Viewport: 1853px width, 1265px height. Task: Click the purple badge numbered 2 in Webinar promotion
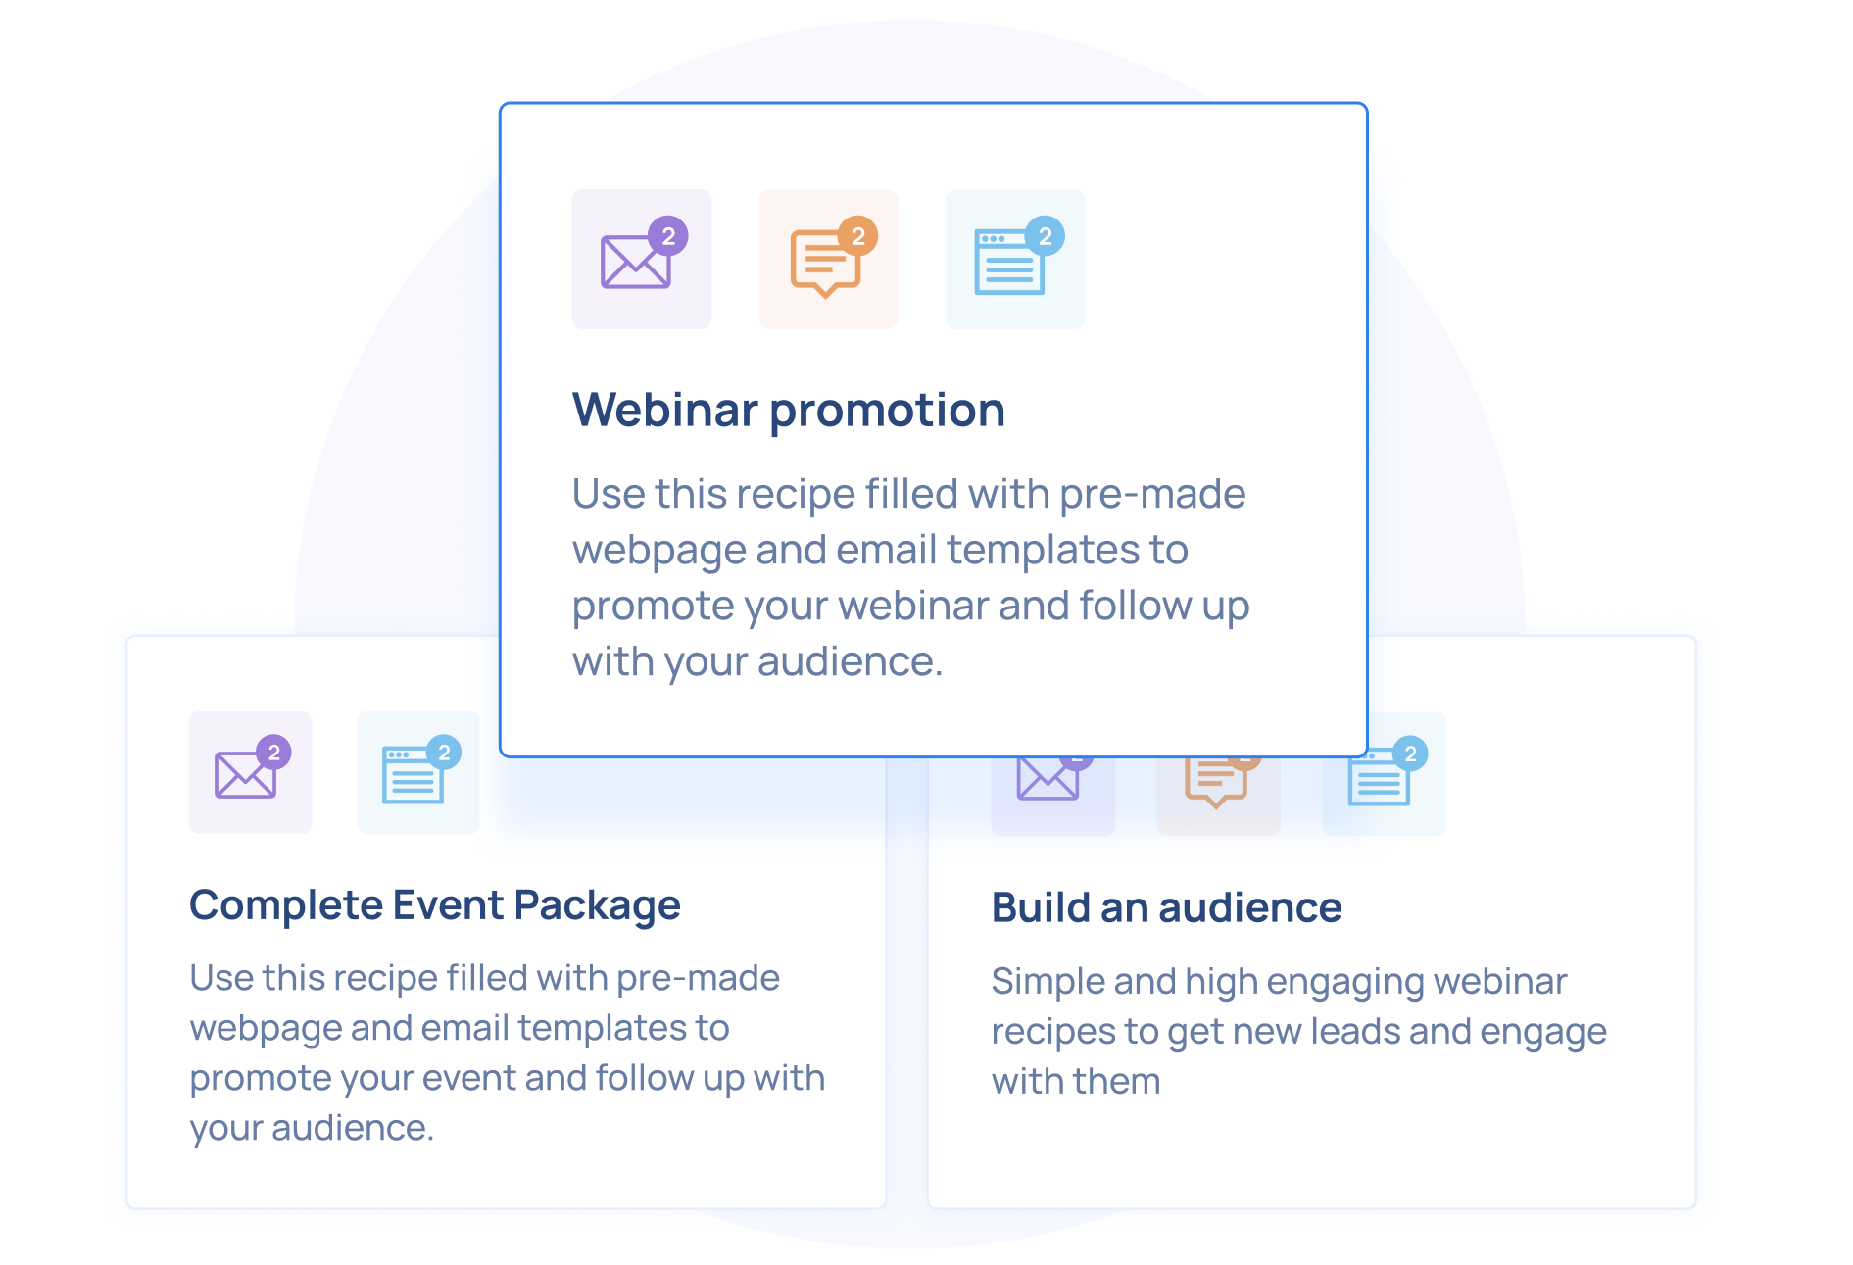click(668, 236)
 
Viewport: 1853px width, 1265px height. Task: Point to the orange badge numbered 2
click(858, 236)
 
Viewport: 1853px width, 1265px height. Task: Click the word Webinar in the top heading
click(665, 410)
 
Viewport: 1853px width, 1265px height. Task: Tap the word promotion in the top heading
click(888, 412)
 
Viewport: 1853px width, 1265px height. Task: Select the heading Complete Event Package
click(435, 905)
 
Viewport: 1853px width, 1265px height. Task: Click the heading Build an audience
click(1166, 907)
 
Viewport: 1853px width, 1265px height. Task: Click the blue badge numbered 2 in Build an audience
click(1410, 754)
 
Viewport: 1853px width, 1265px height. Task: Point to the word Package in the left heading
click(597, 906)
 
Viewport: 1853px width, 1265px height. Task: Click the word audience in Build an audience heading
click(1250, 907)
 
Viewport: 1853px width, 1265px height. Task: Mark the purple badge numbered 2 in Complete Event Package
click(274, 753)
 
